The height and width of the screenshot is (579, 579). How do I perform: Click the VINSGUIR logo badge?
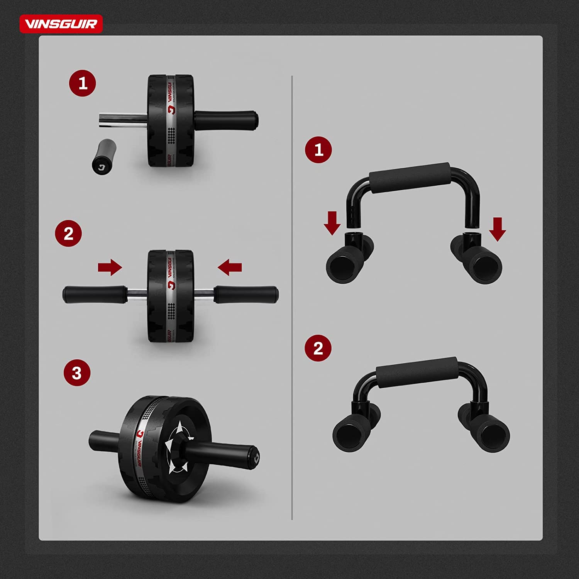pos(61,24)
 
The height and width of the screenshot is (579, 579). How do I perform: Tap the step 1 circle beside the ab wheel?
pos(83,83)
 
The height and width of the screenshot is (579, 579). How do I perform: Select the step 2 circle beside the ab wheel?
pos(68,234)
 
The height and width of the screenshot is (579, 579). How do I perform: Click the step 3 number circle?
pos(77,373)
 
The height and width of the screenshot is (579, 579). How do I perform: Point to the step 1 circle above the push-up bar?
pos(318,150)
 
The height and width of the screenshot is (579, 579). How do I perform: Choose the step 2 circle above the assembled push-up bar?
pos(318,348)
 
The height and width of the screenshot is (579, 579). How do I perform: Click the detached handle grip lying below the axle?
pos(104,156)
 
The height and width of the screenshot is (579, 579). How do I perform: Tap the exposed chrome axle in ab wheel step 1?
pos(123,119)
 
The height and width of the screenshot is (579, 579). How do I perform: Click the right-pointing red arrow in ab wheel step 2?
pos(110,267)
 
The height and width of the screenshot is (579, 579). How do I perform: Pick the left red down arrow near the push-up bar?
pos(332,223)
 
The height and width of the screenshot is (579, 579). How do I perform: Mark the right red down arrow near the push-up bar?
pos(498,229)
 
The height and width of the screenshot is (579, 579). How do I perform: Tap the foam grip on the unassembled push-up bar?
pos(410,177)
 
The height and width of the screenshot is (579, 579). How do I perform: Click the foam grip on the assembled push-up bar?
pos(417,372)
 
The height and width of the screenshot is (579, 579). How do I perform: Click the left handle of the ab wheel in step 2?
pos(95,294)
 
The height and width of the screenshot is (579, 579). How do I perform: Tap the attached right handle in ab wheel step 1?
pos(226,120)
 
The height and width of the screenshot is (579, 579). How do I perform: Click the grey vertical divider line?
pos(292,297)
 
